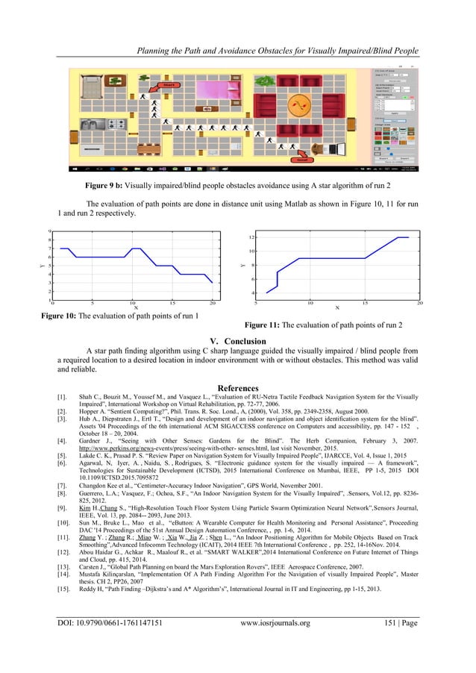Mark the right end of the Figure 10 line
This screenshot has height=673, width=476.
(x=213, y=283)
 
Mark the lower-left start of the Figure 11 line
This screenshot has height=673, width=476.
(x=266, y=292)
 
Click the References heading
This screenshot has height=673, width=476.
(x=237, y=388)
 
